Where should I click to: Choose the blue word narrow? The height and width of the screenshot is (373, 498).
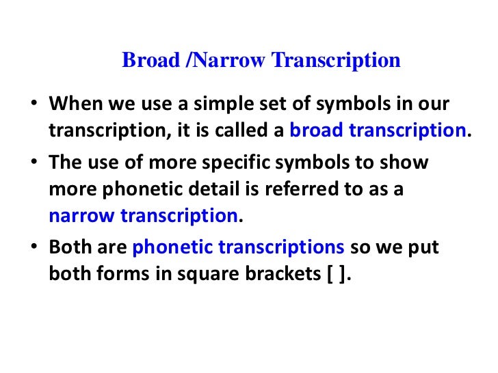[82, 216]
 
